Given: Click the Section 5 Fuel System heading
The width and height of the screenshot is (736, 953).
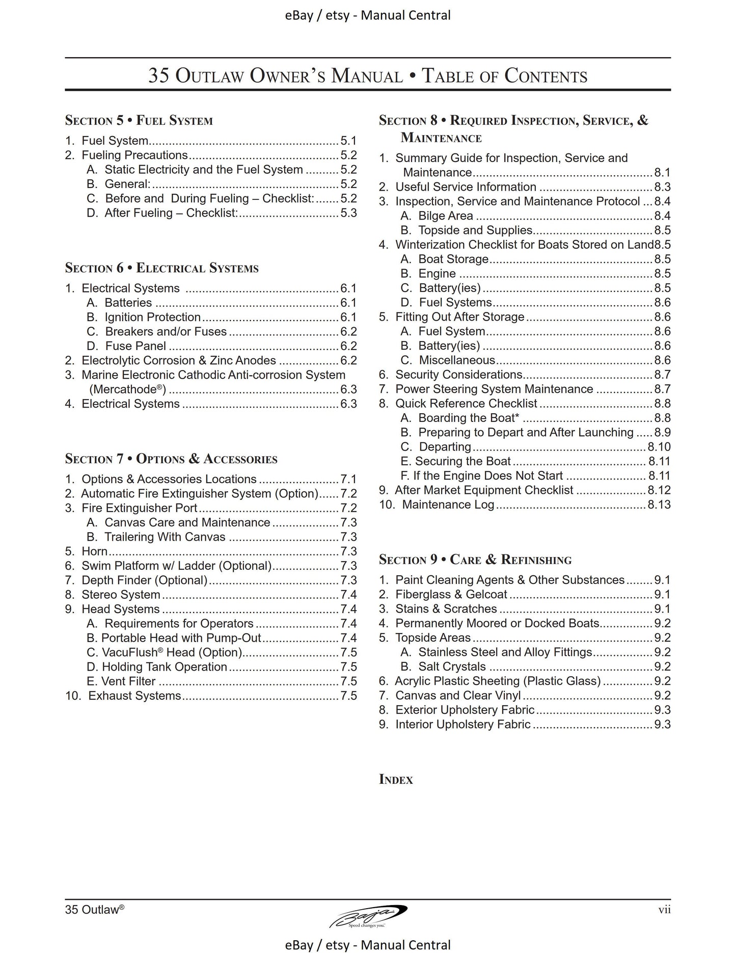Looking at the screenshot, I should tap(139, 121).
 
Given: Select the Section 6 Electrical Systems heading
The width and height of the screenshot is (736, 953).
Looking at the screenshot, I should tap(161, 268).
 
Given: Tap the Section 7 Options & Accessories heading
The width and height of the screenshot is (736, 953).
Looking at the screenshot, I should tap(171, 459).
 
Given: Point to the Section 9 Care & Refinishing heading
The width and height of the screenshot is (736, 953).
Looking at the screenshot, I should tap(475, 560).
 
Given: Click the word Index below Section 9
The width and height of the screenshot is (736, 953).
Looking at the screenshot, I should tap(396, 779).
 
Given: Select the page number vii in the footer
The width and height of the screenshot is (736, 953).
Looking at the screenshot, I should tap(664, 910).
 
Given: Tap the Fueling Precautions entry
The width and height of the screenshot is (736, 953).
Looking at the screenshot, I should tap(135, 155).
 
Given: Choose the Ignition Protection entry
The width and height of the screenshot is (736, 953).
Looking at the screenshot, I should tap(153, 317).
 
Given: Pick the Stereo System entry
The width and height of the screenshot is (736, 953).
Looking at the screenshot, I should tap(121, 595).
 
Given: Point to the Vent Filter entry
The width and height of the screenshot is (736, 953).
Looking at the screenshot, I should tap(128, 681).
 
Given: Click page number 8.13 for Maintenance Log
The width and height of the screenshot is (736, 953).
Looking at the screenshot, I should tap(659, 505).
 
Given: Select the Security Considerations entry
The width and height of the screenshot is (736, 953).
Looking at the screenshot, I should tap(459, 375).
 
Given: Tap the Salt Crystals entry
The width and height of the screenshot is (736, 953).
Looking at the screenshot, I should tap(452, 667).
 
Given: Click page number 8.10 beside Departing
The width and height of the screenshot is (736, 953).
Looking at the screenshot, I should tap(659, 447).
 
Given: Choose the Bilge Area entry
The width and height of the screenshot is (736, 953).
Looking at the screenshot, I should tap(446, 216).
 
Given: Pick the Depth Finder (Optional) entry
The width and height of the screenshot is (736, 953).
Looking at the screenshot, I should tap(144, 580).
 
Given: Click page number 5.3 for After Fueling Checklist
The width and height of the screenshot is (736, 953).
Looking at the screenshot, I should tap(349, 213).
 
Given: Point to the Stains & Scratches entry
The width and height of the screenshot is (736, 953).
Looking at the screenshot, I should tap(446, 609).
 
